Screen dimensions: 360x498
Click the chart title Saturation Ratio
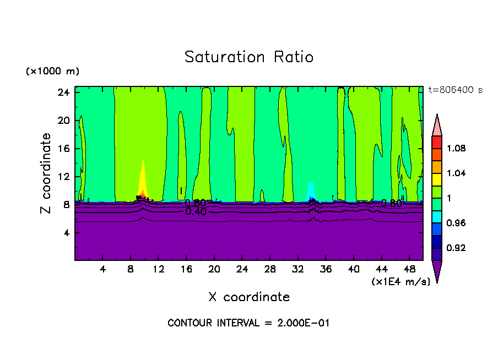tap(249, 57)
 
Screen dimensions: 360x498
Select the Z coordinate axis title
tap(46, 174)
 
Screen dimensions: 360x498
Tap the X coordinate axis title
tap(249, 297)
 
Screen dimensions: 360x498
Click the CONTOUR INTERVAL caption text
tap(248, 323)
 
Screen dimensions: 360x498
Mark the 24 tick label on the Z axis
tap(63, 92)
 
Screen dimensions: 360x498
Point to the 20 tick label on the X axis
tap(214, 269)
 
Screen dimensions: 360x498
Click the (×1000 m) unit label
tap(52, 71)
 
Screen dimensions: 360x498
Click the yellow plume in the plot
tap(143, 179)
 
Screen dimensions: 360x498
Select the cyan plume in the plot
tap(311, 190)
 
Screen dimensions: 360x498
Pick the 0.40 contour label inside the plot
tap(196, 212)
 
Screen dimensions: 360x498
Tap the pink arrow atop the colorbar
tap(436, 126)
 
